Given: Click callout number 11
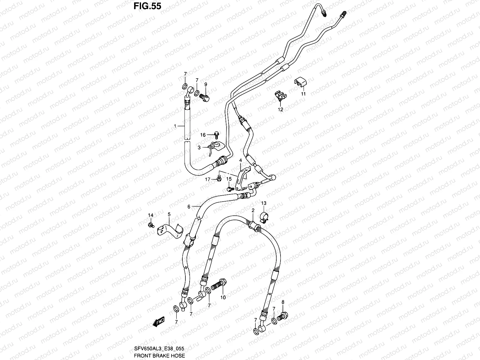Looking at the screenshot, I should coord(303,94).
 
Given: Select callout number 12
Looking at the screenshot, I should coord(280,109).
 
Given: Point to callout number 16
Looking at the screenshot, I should coord(203,135).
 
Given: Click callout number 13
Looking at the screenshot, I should coord(263,203).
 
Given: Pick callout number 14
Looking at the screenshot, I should coord(151,215).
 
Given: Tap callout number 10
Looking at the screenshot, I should coord(223,298).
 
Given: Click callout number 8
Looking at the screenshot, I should coord(283,302).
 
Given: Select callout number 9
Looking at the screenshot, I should coord(206,84).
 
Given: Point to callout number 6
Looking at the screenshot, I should coord(189,206).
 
